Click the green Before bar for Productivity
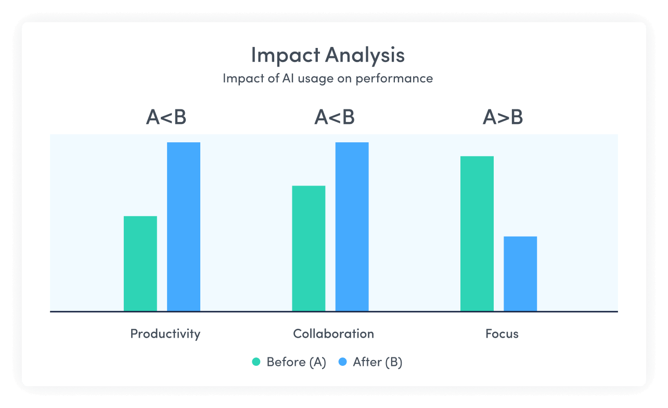pyautogui.click(x=140, y=264)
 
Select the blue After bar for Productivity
pyautogui.click(x=184, y=227)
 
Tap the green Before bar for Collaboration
pyautogui.click(x=309, y=249)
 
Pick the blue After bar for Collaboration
pyautogui.click(x=352, y=227)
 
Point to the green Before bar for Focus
pyautogui.click(x=477, y=234)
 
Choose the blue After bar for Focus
pyautogui.click(x=520, y=274)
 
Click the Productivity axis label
pyautogui.click(x=165, y=334)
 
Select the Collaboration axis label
pyautogui.click(x=333, y=333)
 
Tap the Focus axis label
pyautogui.click(x=502, y=333)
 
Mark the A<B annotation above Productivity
pyautogui.click(x=166, y=117)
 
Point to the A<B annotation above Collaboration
pyautogui.click(x=335, y=117)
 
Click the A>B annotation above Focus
pyautogui.click(x=503, y=117)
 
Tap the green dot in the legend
pyautogui.click(x=256, y=362)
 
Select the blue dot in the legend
pyautogui.click(x=343, y=362)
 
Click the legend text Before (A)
pyautogui.click(x=297, y=362)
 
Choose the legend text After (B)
pyautogui.click(x=378, y=362)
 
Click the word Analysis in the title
pyautogui.click(x=365, y=56)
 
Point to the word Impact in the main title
pyautogui.click(x=286, y=56)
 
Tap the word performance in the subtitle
pyautogui.click(x=394, y=79)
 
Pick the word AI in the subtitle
pyautogui.click(x=288, y=78)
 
